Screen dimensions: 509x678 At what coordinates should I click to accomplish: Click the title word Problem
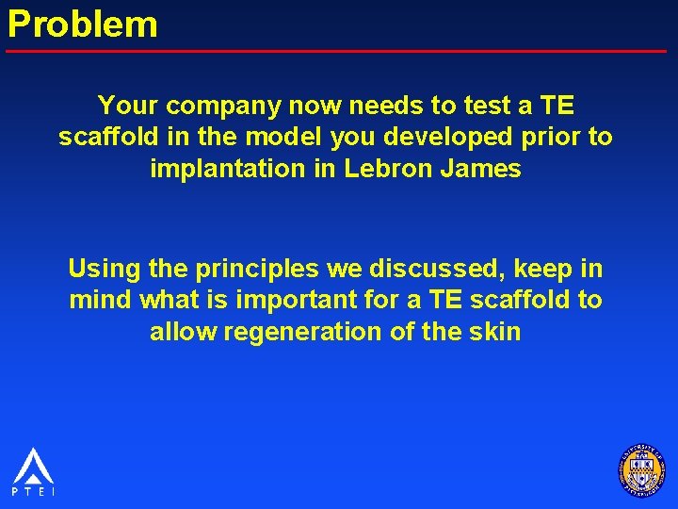click(x=83, y=24)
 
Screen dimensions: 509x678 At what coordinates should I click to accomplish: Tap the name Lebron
click(x=379, y=171)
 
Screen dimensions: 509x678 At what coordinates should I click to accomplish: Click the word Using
click(x=104, y=269)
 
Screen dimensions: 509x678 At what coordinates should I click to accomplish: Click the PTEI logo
click(x=33, y=470)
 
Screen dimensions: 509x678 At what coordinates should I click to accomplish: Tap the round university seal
click(x=641, y=468)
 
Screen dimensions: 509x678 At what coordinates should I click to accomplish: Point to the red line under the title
click(x=339, y=50)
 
